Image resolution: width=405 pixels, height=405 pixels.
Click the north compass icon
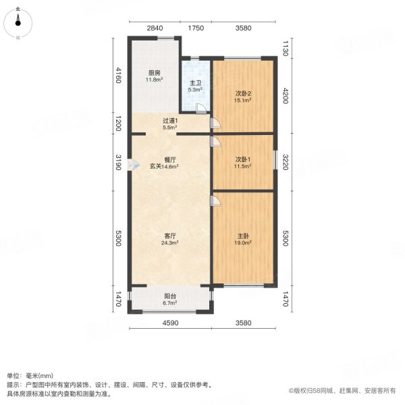(18, 22)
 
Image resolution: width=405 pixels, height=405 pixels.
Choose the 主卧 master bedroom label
(242, 236)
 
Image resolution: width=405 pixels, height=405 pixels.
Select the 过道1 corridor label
(170, 120)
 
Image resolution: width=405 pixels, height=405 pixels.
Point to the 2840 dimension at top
(155, 28)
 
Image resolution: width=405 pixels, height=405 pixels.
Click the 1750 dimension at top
(196, 28)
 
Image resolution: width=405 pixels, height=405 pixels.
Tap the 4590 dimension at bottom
(170, 322)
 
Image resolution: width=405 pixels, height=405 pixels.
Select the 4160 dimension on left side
(118, 75)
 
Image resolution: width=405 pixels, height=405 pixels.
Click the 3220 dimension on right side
(286, 163)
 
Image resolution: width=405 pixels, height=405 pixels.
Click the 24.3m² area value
(170, 243)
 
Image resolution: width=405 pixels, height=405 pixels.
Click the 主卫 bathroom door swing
(200, 107)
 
